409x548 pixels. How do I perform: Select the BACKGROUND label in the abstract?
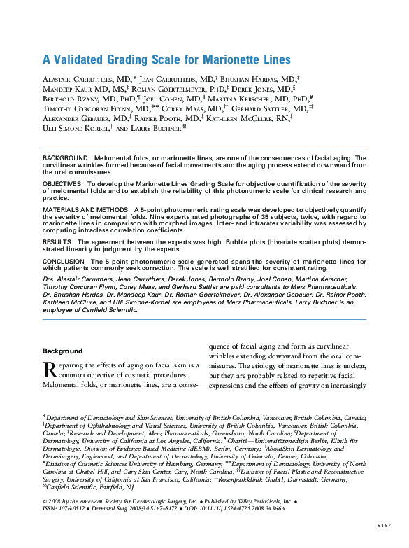pyautogui.click(x=66, y=159)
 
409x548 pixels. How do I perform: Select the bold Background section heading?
pyautogui.click(x=62, y=351)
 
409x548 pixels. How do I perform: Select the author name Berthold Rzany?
pyautogui.click(x=69, y=100)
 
